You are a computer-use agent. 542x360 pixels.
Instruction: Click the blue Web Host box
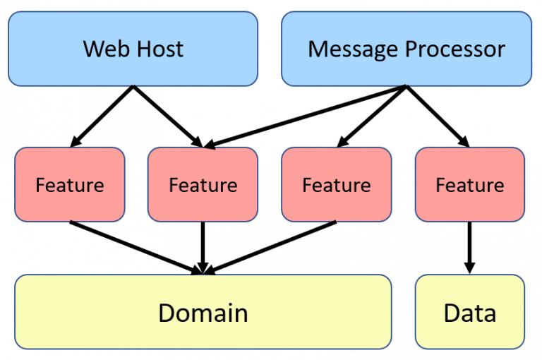tap(133, 49)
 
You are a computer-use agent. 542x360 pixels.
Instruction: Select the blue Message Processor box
tap(406, 49)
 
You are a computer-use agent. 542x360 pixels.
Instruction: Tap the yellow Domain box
tap(203, 312)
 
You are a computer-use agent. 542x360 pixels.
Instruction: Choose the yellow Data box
tap(469, 312)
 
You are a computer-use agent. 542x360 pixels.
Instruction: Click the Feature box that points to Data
tap(469, 185)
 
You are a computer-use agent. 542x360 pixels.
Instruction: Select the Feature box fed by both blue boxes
tap(203, 185)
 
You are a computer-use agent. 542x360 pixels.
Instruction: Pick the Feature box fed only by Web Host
tap(69, 185)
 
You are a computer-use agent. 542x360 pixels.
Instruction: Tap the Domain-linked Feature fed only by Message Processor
tap(336, 185)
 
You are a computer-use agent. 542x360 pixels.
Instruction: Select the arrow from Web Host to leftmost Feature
tap(102, 116)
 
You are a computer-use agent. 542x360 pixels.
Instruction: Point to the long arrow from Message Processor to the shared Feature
tap(303, 116)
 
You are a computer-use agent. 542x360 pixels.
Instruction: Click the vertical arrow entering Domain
tap(203, 247)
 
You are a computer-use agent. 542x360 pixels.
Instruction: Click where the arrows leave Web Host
tap(133, 87)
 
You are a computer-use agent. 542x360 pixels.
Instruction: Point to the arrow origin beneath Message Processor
tap(406, 87)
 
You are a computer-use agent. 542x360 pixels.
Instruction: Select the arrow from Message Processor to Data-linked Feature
tap(438, 116)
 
